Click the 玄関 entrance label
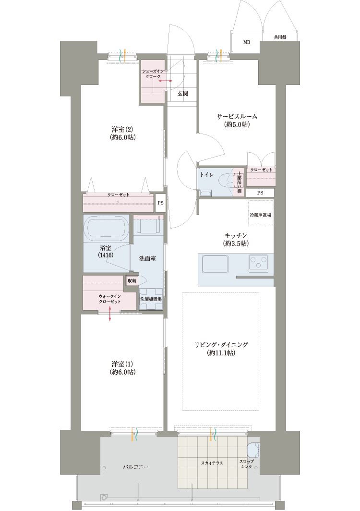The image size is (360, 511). [x=183, y=94]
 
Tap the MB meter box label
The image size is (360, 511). [x=247, y=42]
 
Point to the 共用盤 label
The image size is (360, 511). [x=280, y=37]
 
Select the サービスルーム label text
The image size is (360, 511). [x=237, y=116]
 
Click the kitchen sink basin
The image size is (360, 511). [x=215, y=264]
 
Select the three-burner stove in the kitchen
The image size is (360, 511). [x=258, y=263]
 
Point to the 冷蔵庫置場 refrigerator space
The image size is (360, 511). [x=261, y=213]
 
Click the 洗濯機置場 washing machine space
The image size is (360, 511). [x=151, y=299]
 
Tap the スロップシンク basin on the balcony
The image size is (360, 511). [x=253, y=450]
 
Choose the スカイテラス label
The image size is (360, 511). [x=212, y=463]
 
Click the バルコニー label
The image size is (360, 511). [x=135, y=467]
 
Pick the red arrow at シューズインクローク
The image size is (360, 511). [x=166, y=81]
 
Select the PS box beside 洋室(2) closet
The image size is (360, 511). [x=160, y=203]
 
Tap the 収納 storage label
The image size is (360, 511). [x=132, y=280]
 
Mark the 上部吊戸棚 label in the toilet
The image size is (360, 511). [x=239, y=182]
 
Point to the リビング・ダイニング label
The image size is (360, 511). [x=221, y=345]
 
